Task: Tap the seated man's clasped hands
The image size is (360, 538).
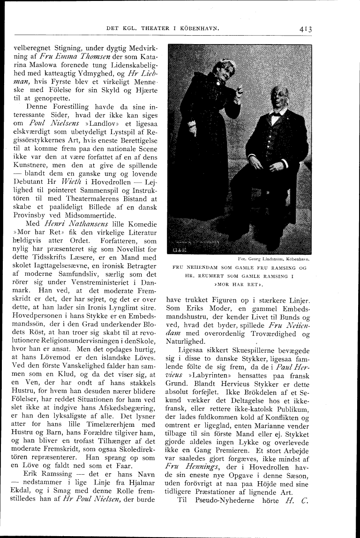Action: pos(277,165)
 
